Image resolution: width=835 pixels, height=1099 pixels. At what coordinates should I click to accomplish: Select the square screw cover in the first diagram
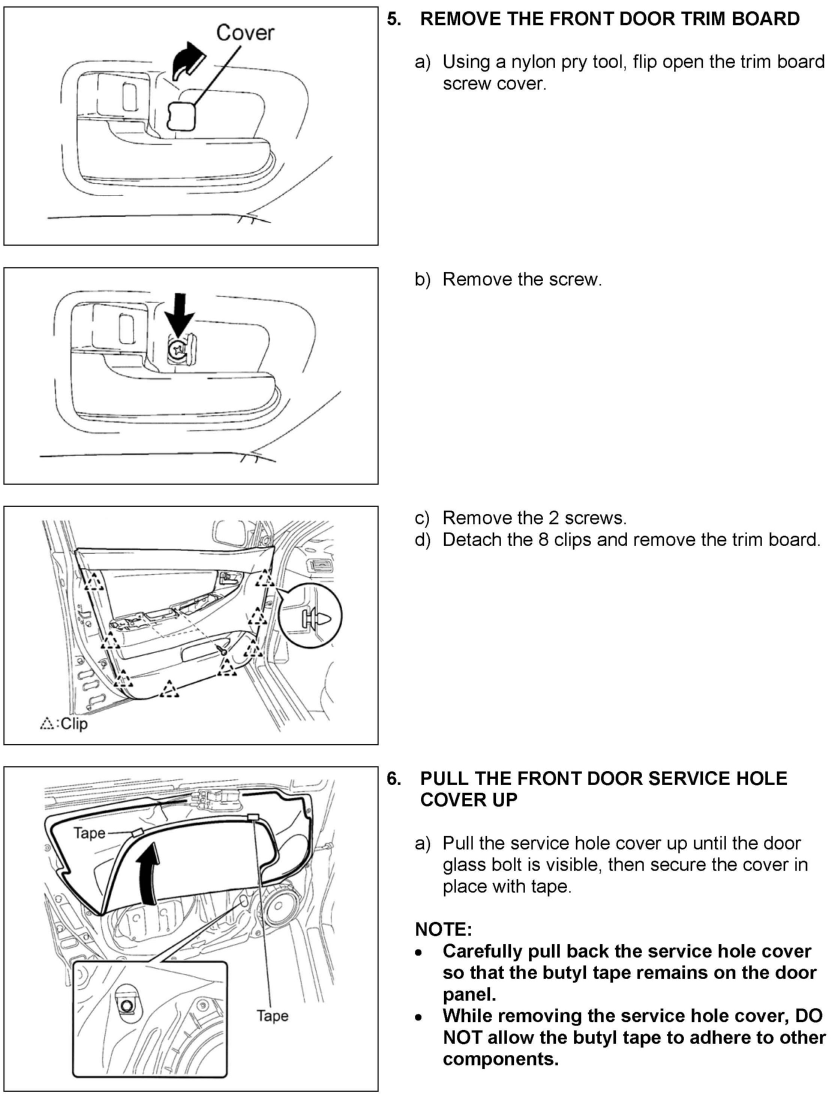(x=181, y=115)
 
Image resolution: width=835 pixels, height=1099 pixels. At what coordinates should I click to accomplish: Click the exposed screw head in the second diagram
(x=177, y=350)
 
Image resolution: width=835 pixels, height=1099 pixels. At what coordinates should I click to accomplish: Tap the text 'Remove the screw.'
(x=522, y=280)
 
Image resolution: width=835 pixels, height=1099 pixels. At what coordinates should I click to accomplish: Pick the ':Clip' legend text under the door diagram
(x=73, y=723)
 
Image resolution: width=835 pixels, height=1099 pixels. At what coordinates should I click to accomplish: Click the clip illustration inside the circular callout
(x=313, y=619)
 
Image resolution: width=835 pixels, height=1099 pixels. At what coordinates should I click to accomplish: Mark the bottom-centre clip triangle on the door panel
(x=169, y=689)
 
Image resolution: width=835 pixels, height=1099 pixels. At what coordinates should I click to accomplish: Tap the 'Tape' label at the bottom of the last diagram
(x=272, y=1015)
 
